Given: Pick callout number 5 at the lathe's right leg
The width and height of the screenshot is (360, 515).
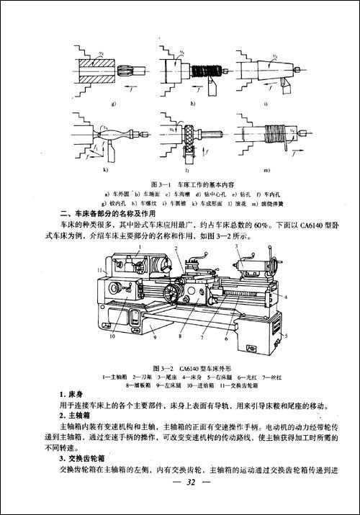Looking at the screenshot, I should pos(287,336).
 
